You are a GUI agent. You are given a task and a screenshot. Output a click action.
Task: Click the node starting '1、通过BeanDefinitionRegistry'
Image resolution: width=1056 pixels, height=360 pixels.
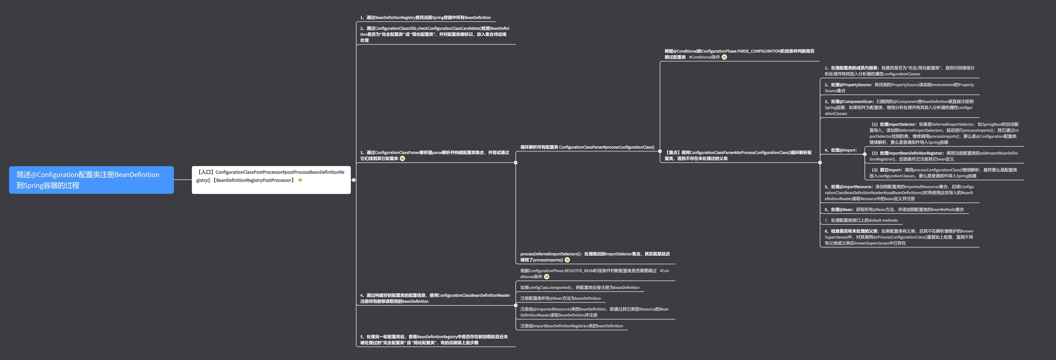coord(425,18)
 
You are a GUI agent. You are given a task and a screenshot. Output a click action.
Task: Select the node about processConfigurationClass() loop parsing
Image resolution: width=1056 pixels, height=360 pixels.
coord(587,147)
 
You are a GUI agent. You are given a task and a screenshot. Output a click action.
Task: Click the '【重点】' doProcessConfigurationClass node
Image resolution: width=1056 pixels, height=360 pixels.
coord(738,155)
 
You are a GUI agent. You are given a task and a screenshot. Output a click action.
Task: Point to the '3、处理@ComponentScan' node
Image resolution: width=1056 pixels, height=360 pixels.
coord(899,107)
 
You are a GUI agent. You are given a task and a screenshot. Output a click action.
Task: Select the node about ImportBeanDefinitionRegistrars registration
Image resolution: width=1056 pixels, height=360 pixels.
coord(571,326)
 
